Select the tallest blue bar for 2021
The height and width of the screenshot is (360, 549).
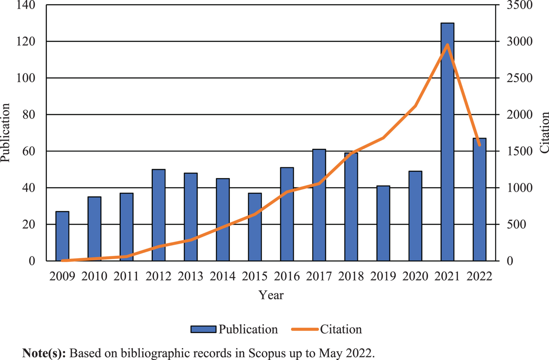point(447,142)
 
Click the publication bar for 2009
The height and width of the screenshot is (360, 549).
point(62,236)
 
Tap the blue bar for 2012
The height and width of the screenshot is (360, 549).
point(159,215)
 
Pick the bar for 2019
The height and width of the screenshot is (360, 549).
point(383,223)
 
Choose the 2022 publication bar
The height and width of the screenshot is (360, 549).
point(479,199)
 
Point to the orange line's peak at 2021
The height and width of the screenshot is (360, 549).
point(447,45)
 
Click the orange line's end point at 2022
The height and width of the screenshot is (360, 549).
point(480,145)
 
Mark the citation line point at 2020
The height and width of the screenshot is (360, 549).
point(416,106)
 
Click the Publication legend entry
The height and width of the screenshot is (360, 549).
point(234,329)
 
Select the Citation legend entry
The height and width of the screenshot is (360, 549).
point(326,329)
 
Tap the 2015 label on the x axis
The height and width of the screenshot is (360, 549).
point(255,276)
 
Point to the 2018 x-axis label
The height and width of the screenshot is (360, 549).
point(351,276)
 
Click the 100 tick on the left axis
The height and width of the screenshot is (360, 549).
point(26,78)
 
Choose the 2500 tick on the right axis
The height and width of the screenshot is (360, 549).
point(519,78)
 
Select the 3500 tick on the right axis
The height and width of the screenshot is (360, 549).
point(519,5)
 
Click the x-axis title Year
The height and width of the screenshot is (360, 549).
point(271,295)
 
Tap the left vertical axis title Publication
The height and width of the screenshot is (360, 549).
point(5,132)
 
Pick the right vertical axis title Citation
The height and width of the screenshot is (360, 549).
point(544,132)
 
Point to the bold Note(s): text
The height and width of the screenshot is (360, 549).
point(44,353)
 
